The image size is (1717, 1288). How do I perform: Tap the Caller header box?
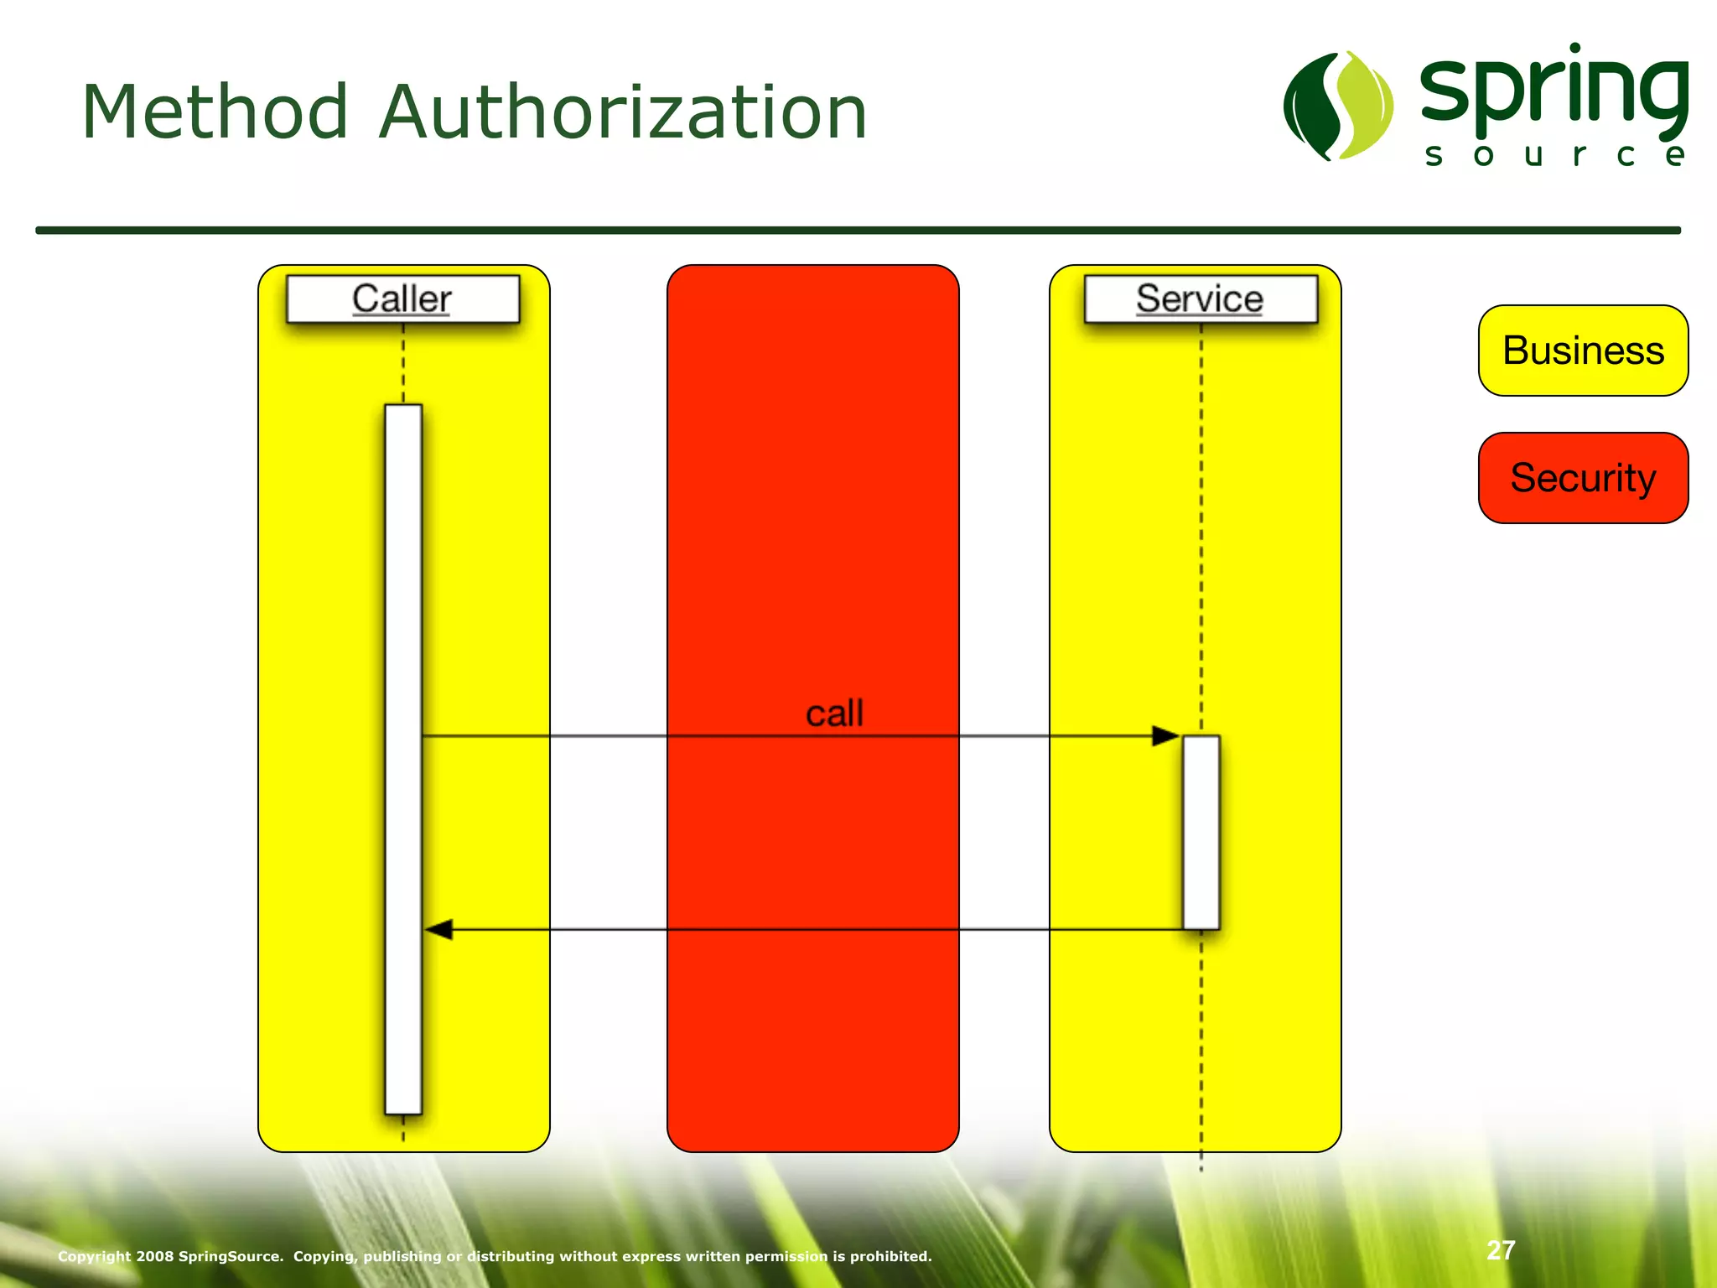tap(402, 299)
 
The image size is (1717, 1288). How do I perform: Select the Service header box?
tap(1200, 299)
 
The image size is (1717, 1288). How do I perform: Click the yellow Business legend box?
tap(1583, 351)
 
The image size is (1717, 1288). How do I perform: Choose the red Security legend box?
tap(1583, 478)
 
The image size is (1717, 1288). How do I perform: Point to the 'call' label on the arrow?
tap(834, 714)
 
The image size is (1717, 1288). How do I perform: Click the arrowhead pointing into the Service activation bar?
tap(1165, 736)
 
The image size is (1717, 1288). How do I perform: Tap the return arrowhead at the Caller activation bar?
tap(438, 929)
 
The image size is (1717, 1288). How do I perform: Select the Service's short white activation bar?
tap(1201, 832)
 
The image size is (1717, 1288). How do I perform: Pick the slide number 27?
tap(1501, 1250)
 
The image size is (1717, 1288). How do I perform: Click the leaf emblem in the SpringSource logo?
tap(1338, 106)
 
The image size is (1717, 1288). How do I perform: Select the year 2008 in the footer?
tap(155, 1256)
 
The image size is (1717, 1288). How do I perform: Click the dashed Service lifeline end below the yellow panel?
tap(1201, 1162)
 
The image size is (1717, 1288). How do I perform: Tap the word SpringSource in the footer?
tap(231, 1256)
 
